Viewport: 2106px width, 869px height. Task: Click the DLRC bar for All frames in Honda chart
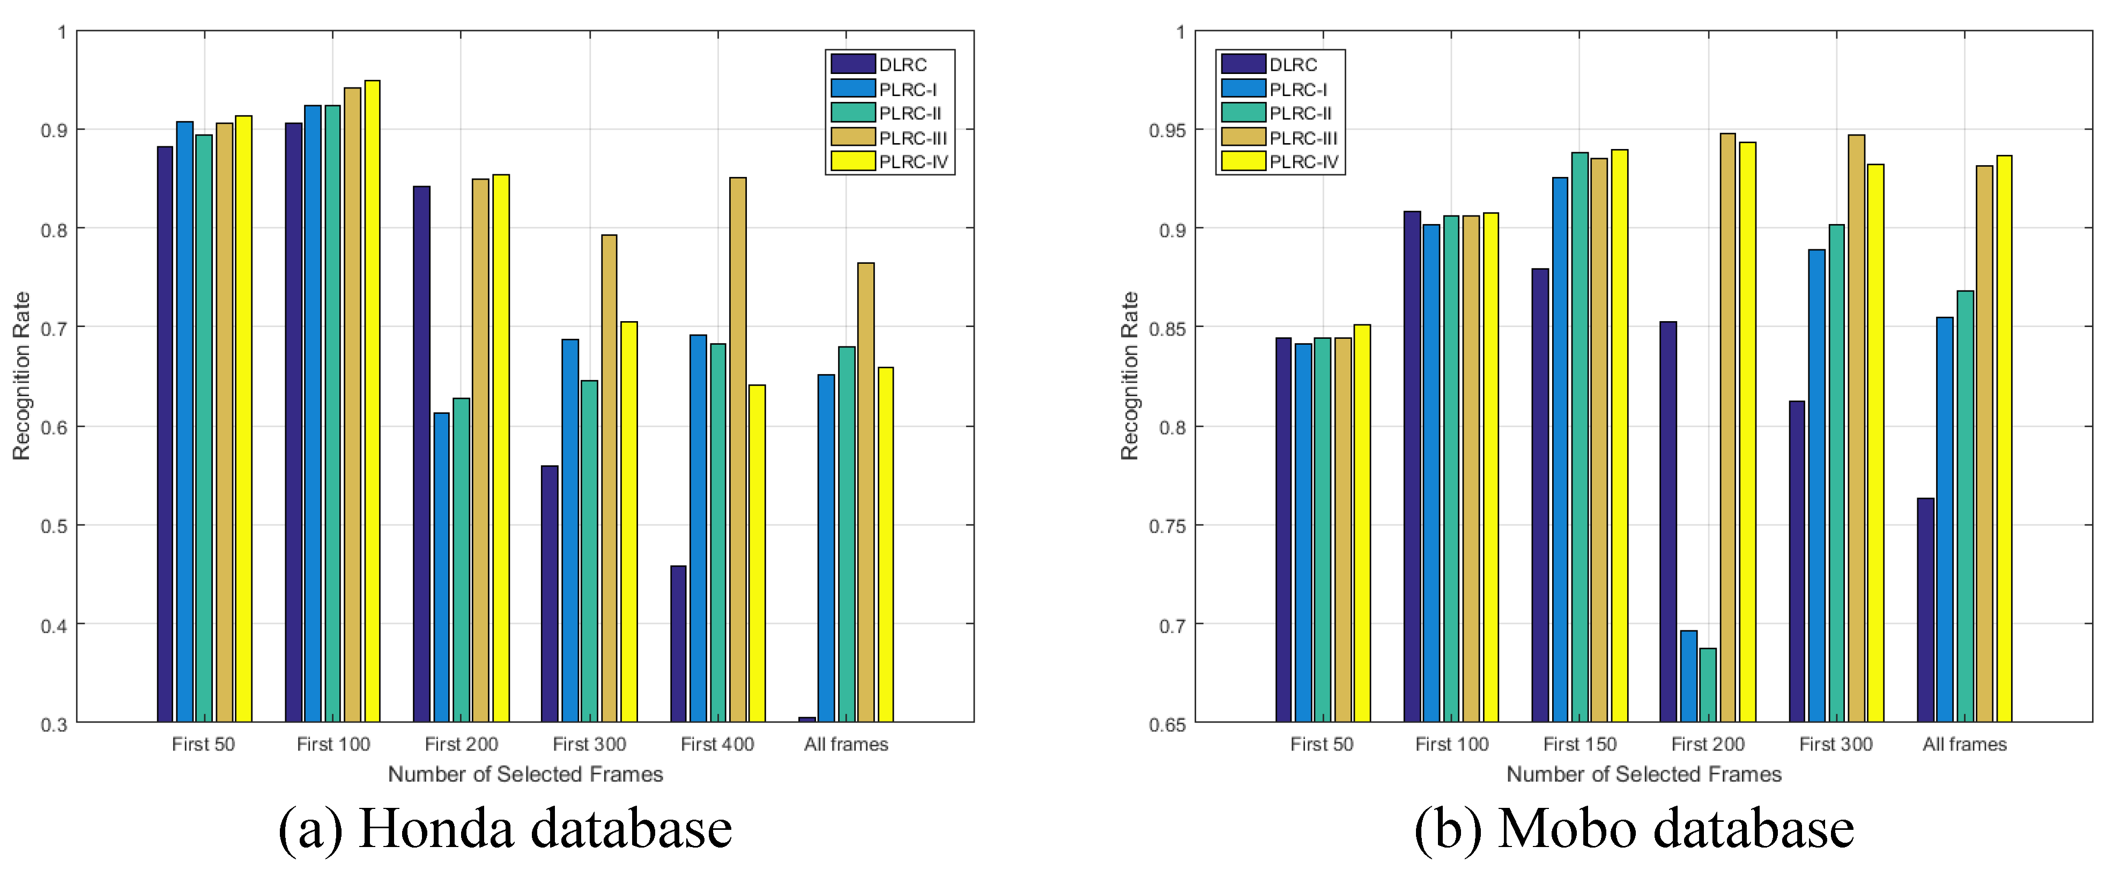tap(807, 719)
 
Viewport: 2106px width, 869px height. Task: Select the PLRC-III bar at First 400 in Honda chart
tap(737, 450)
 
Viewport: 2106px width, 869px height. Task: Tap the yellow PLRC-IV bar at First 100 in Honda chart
tap(372, 400)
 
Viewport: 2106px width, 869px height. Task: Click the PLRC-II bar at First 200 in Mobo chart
tap(1708, 685)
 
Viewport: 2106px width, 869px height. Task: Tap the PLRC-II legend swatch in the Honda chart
tap(852, 113)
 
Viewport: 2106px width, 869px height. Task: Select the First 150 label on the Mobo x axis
tap(1580, 744)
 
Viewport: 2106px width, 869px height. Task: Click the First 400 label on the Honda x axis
tap(717, 744)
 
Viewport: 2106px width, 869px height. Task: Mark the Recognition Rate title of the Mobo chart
tap(1130, 376)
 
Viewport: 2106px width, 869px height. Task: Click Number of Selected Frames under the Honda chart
tap(525, 774)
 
